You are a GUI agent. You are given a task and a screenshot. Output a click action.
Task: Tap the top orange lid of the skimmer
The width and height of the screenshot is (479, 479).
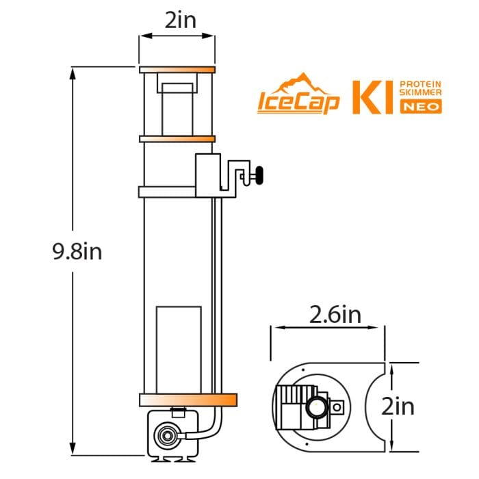point(177,70)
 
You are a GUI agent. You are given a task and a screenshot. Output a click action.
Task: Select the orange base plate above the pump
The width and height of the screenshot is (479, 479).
point(187,400)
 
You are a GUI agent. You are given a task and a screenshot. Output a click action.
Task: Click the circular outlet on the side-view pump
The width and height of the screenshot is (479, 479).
point(165,434)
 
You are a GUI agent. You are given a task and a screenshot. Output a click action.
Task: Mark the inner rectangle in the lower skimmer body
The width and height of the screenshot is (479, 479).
point(178,349)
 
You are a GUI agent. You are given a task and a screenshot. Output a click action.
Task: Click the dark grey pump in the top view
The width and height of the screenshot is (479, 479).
point(292,404)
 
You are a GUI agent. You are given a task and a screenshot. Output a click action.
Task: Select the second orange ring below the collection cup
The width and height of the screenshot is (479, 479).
point(177,139)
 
